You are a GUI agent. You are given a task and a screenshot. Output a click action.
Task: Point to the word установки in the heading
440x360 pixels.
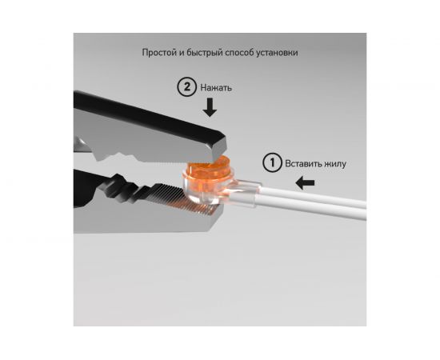coord(277,53)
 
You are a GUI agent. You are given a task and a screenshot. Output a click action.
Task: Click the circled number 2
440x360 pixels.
coord(186,87)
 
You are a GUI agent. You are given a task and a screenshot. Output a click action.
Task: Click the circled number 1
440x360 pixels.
coord(272,162)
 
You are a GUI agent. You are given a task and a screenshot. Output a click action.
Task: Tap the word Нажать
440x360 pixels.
coord(216,88)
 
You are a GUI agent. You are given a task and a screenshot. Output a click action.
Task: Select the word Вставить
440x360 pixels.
coord(303,163)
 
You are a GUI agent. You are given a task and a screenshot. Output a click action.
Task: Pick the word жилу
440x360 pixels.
coord(335,164)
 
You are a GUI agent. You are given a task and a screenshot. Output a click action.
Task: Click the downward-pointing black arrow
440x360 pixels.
coord(210,107)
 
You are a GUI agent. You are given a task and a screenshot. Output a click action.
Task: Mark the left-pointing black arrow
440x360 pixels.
coord(305,183)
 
